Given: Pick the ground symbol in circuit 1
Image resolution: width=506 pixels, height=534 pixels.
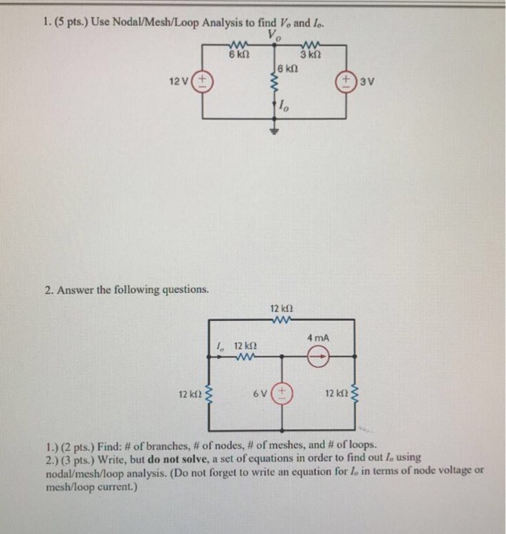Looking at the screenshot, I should [x=277, y=130].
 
